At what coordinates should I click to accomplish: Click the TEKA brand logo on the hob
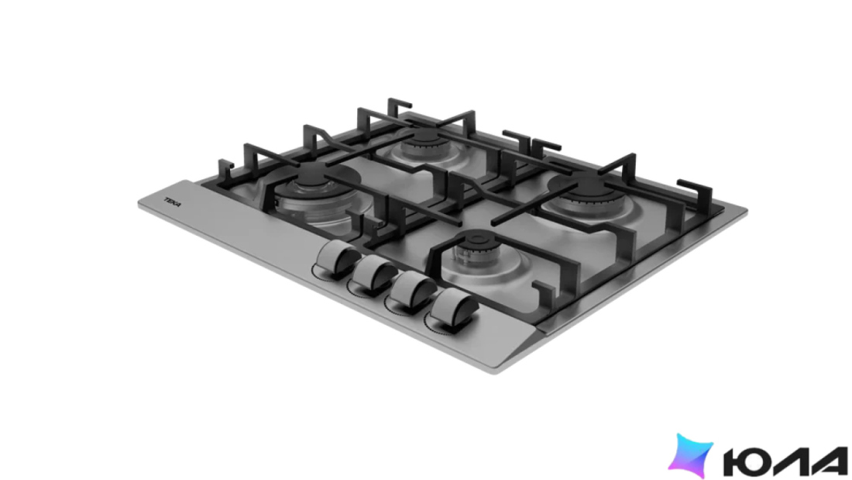(173, 202)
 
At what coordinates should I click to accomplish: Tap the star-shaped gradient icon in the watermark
(690, 455)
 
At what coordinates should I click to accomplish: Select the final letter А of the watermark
(829, 461)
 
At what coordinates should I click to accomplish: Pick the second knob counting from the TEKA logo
(374, 272)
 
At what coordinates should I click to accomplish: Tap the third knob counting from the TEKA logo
(412, 288)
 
